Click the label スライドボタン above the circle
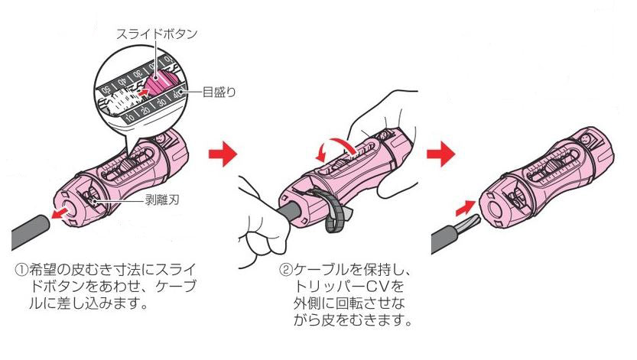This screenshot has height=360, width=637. [157, 34]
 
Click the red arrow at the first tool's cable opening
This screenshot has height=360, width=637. [55, 216]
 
